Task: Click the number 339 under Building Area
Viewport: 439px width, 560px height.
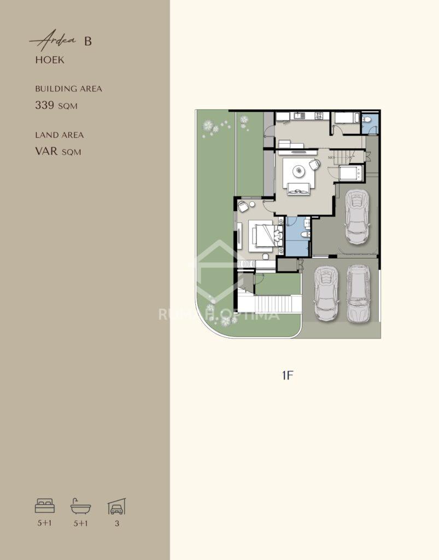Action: [45, 105]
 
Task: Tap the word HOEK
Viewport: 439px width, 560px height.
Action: [50, 60]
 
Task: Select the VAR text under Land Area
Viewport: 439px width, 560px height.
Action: [46, 151]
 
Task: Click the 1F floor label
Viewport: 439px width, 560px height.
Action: [288, 375]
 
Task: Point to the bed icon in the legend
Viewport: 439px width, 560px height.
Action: [45, 506]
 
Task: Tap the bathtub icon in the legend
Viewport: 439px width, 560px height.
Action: [81, 506]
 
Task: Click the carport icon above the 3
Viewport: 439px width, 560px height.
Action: [116, 506]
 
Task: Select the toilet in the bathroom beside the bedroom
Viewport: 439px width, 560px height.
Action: [306, 235]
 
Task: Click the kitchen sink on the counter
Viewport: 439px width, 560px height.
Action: [297, 115]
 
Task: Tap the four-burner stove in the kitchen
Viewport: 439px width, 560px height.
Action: [319, 115]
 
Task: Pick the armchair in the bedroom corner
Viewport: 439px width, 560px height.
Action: [243, 206]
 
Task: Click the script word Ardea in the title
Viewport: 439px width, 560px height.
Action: [54, 40]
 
